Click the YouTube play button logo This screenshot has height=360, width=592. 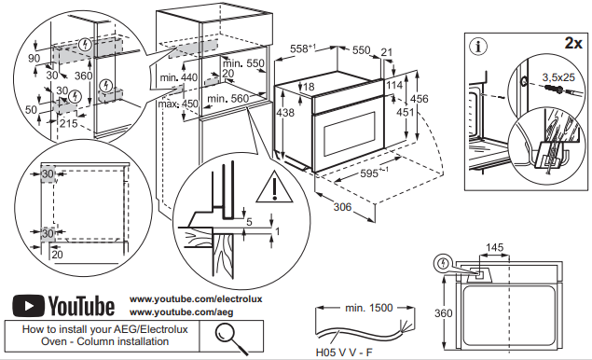click(x=28, y=306)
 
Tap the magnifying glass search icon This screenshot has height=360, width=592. click(x=230, y=339)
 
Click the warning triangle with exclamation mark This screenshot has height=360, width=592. click(x=274, y=187)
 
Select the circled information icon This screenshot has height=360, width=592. click(x=478, y=47)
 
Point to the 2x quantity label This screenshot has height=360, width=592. click(x=573, y=44)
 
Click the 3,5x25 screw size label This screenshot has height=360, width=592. click(x=558, y=77)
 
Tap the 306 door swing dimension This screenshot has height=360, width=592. click(x=342, y=207)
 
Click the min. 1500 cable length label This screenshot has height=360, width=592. click(x=369, y=308)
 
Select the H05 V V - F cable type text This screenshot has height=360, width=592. click(x=344, y=353)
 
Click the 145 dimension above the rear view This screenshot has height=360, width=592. click(x=495, y=247)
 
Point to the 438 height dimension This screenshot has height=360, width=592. click(x=285, y=112)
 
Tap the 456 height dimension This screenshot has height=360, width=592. click(x=420, y=99)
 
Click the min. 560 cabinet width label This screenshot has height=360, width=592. click(x=228, y=99)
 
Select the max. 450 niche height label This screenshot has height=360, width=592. click(x=178, y=104)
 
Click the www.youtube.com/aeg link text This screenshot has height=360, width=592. click(x=181, y=312)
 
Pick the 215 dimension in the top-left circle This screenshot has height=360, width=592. click(x=68, y=123)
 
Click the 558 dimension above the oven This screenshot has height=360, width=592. click(x=303, y=48)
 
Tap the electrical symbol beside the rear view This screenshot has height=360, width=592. click(x=443, y=263)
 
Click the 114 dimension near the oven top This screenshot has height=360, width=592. click(x=395, y=85)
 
